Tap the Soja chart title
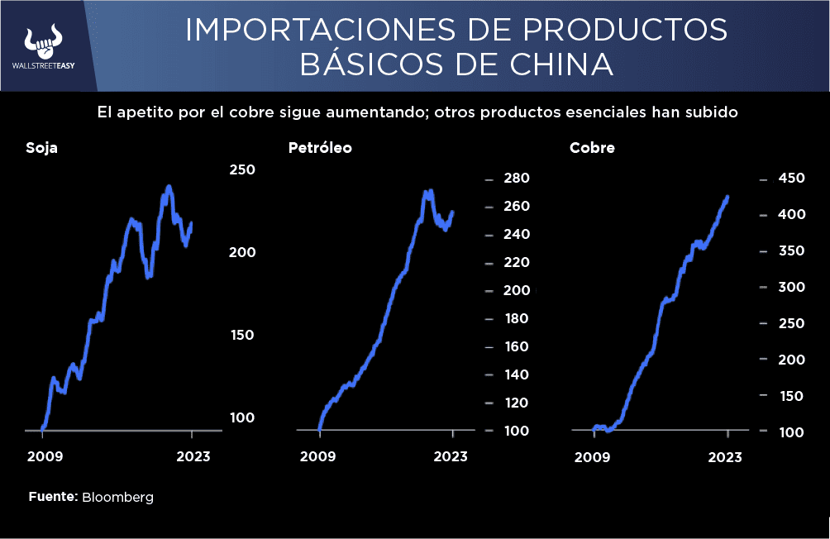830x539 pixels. point(41,149)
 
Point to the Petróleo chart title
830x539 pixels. point(320,149)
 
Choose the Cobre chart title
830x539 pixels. point(592,149)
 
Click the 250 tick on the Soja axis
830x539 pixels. point(242,169)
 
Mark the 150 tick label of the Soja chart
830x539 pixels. point(242,335)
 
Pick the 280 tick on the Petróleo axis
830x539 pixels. point(517,179)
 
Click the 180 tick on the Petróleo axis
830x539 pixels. point(517,318)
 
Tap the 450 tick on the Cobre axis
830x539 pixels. point(792,179)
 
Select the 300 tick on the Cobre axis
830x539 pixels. point(792,287)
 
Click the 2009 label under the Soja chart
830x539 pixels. point(45,457)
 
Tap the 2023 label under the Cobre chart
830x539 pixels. point(725,457)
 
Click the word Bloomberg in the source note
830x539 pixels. point(117,497)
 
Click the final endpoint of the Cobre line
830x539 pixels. point(727,197)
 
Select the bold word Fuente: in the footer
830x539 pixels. point(53,497)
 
